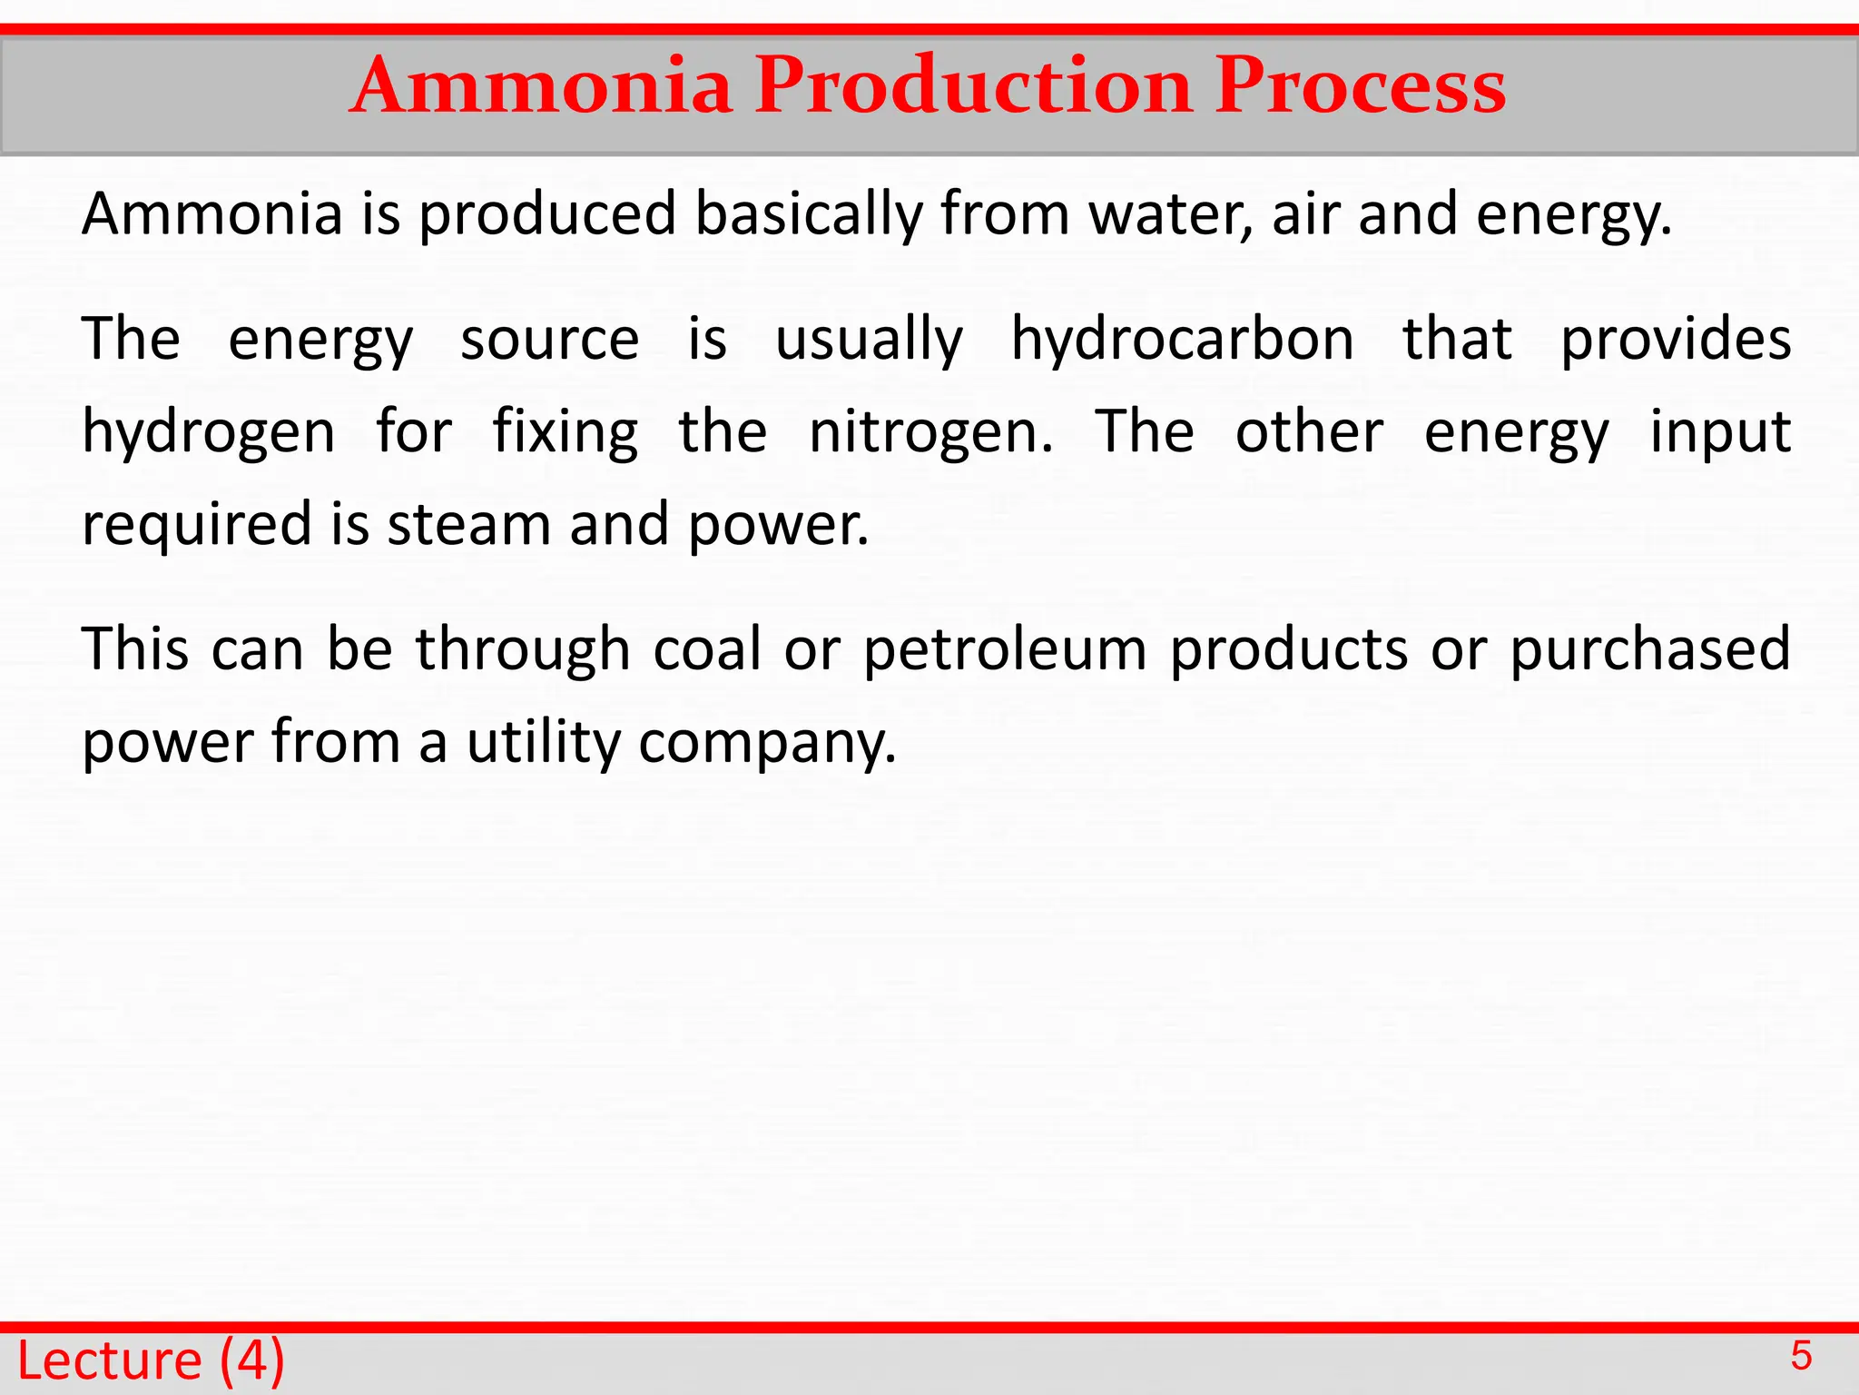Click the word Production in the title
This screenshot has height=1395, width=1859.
pos(973,85)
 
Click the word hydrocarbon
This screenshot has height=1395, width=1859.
pos(1182,340)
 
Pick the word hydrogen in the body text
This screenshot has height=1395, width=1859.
pos(208,432)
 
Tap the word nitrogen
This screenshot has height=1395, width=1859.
pos(930,432)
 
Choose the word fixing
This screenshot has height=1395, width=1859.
pos(565,432)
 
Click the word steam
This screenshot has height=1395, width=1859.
pos(469,524)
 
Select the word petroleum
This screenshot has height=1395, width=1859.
pos(1005,650)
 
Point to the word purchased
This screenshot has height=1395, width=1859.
pos(1650,650)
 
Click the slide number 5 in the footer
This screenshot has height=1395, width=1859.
pos(1801,1357)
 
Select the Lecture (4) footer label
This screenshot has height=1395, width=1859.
pos(151,1360)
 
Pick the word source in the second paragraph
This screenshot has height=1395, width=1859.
pos(549,340)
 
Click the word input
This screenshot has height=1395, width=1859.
pos(1719,432)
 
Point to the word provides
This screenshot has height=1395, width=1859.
pos(1675,340)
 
